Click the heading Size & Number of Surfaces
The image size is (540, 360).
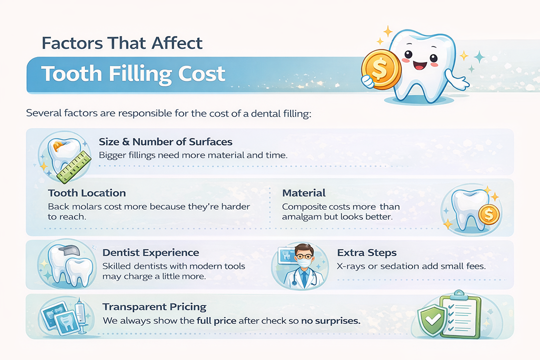(165, 142)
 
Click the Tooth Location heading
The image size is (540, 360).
(87, 193)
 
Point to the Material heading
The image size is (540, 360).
(303, 193)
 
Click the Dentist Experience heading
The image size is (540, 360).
(150, 252)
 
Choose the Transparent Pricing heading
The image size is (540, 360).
(154, 306)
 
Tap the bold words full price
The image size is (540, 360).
(217, 320)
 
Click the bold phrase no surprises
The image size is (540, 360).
(330, 320)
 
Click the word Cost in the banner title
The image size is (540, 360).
(200, 74)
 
